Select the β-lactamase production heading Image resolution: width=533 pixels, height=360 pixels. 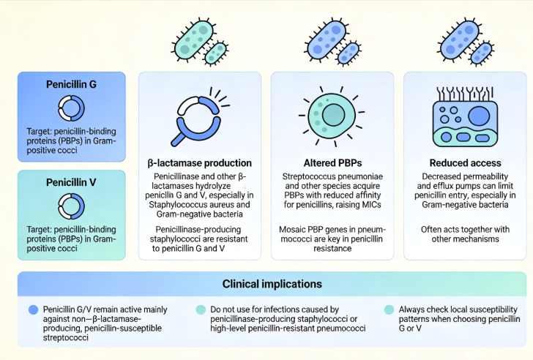click(x=199, y=163)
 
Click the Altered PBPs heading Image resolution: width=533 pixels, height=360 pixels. click(x=332, y=163)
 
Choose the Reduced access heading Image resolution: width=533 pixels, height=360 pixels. click(x=465, y=163)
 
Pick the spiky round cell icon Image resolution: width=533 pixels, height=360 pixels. click(x=332, y=116)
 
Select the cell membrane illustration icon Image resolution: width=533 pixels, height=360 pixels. click(x=464, y=117)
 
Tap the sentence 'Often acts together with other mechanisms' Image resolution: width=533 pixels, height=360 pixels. click(x=465, y=234)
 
